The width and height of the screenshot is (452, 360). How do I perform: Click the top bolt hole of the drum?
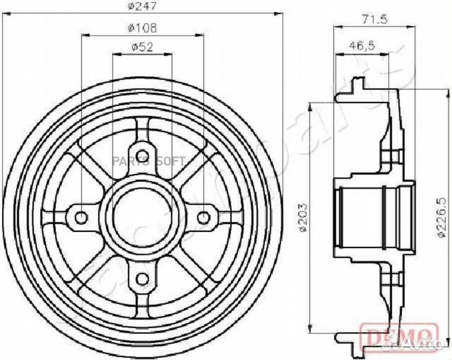point(143,150)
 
